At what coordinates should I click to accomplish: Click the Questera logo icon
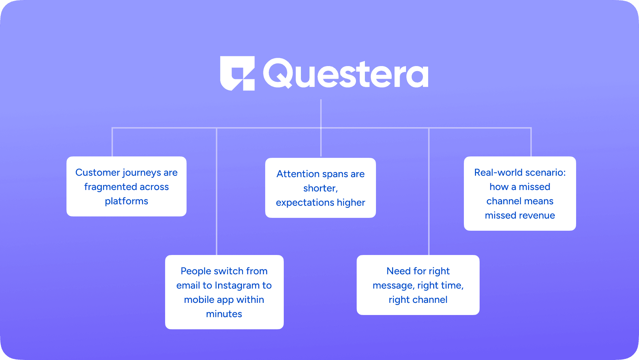[x=237, y=73]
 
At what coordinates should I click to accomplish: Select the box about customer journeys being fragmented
[x=127, y=186]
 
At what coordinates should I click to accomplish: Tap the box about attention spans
[x=321, y=188]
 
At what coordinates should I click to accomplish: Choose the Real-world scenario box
[x=520, y=194]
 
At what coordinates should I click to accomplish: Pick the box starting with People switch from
[x=224, y=292]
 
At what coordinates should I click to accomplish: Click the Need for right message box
[x=418, y=285]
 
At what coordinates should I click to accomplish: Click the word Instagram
[x=237, y=285]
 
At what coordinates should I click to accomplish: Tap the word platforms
[x=127, y=201]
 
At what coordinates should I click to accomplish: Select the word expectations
[x=305, y=202]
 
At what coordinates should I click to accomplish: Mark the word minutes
[x=224, y=314]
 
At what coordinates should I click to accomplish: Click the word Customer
[x=98, y=172]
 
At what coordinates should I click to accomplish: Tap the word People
[x=195, y=271]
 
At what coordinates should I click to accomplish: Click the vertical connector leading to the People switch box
[x=217, y=191]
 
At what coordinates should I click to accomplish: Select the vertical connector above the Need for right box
[x=429, y=191]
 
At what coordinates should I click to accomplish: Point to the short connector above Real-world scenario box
[x=531, y=142]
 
